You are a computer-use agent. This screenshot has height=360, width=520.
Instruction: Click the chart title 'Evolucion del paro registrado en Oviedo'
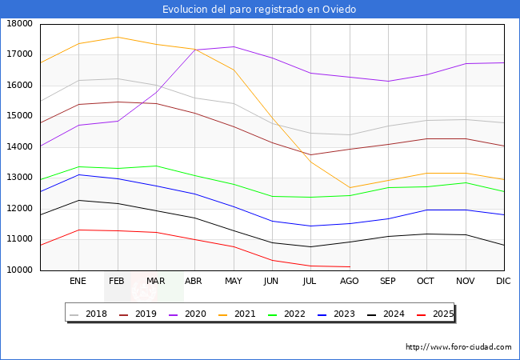(259, 10)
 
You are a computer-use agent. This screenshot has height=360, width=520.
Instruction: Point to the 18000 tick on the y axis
(19, 24)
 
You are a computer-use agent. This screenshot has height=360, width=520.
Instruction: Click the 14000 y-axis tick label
(19, 147)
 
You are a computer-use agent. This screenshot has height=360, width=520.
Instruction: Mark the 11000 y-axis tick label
(19, 239)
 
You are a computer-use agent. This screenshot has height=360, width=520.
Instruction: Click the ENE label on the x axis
(78, 282)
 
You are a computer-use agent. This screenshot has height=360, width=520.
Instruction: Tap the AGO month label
(350, 282)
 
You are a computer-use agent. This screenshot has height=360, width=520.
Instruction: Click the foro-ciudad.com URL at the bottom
(458, 347)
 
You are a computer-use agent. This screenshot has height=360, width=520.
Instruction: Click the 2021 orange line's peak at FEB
(118, 37)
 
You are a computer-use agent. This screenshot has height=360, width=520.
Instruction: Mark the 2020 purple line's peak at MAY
(234, 46)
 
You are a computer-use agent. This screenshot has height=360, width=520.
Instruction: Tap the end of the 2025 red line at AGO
(350, 266)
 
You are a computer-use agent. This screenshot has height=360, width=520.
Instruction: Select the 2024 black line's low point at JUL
(310, 246)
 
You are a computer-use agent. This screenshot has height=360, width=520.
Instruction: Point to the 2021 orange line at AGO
(350, 188)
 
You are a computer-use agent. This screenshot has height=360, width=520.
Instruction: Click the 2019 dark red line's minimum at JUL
(310, 155)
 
